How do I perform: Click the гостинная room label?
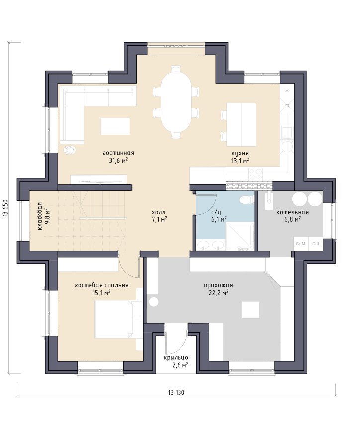pyautogui.click(x=118, y=153)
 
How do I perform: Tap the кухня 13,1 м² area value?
pyautogui.click(x=240, y=161)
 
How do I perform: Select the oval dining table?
pyautogui.click(x=176, y=102)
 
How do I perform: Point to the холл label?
pyautogui.click(x=159, y=212)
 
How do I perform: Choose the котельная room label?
pyautogui.click(x=292, y=212)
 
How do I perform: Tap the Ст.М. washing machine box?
pyautogui.click(x=301, y=244)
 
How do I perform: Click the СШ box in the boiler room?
pyautogui.click(x=315, y=244)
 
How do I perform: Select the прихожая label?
pyautogui.click(x=218, y=285)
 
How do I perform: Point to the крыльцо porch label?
pyautogui.click(x=176, y=358)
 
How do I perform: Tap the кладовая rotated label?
pyautogui.click(x=40, y=216)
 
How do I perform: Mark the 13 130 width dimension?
pyautogui.click(x=176, y=393)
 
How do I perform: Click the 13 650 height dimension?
pyautogui.click(x=6, y=208)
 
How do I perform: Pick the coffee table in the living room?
pyautogui.click(x=115, y=126)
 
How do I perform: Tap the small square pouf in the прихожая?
pyautogui.click(x=251, y=310)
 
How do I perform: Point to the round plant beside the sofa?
pyautogui.click(x=70, y=149)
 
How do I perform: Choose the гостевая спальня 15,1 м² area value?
pyautogui.click(x=101, y=293)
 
